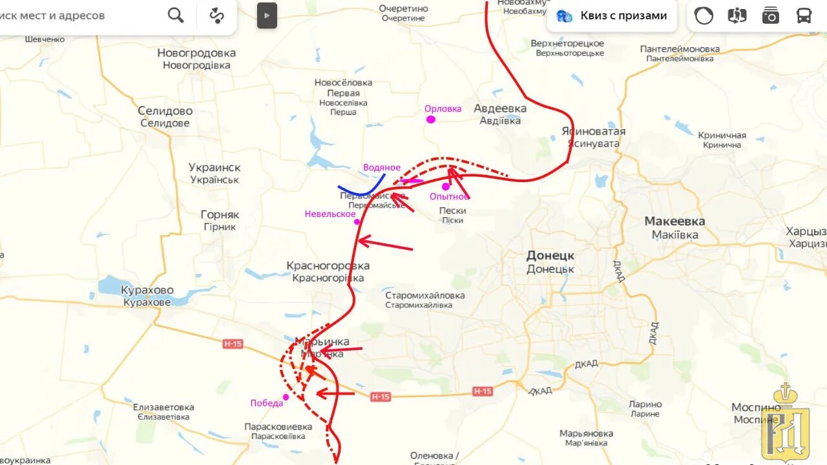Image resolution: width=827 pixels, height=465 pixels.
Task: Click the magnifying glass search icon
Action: tap(176, 15)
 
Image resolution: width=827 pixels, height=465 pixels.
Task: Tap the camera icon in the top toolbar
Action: tap(770, 15)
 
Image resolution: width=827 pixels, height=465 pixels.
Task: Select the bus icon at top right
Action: tap(804, 15)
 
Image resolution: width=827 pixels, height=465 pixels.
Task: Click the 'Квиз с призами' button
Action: tap(611, 15)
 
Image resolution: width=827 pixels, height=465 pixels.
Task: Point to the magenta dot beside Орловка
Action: tap(430, 119)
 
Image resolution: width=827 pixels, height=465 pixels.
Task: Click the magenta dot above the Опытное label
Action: tap(445, 187)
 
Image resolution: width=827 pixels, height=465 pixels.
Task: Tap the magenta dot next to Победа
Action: tap(286, 397)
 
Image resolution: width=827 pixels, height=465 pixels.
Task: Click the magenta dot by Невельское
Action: tap(357, 222)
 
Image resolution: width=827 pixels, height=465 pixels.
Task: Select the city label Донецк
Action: tap(550, 255)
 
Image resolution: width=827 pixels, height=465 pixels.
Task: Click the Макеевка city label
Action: tap(675, 222)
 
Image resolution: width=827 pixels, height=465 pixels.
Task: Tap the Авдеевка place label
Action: tap(500, 108)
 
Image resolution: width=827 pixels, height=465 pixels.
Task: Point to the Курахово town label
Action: tap(147, 290)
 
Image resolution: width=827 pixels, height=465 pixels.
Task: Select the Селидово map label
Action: tap(165, 111)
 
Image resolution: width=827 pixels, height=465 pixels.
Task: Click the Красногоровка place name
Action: tap(328, 265)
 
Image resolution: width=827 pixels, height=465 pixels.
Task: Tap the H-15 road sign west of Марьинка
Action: tap(233, 344)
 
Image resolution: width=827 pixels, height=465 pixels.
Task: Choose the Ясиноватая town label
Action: tap(593, 132)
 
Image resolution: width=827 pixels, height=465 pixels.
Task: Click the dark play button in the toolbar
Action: tap(267, 15)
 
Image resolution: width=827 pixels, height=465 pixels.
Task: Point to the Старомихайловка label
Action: tap(424, 296)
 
